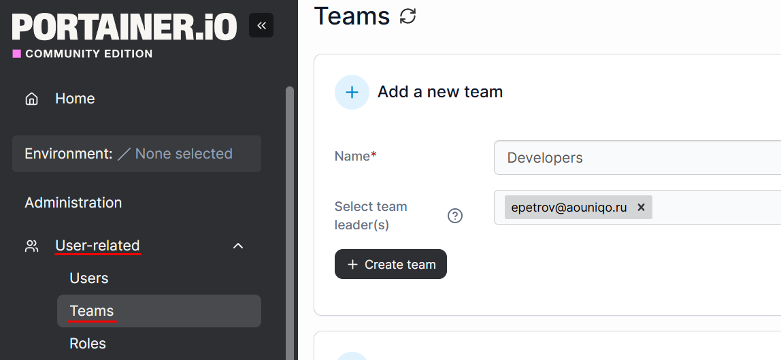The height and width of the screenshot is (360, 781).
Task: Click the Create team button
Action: pyautogui.click(x=390, y=264)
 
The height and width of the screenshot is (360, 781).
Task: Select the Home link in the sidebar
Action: pyautogui.click(x=75, y=99)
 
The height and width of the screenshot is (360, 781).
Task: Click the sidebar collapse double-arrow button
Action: pyautogui.click(x=261, y=25)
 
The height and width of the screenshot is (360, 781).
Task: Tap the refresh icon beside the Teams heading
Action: pyautogui.click(x=408, y=16)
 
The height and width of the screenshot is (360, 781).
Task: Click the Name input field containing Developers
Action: pyautogui.click(x=637, y=158)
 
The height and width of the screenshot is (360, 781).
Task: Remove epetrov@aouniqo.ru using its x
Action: pyautogui.click(x=641, y=207)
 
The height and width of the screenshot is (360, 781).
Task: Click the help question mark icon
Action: pyautogui.click(x=455, y=216)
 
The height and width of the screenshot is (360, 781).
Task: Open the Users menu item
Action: pyautogui.click(x=88, y=278)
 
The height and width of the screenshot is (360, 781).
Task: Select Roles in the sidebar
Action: pyautogui.click(x=88, y=344)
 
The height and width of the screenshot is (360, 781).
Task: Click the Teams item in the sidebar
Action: pyautogui.click(x=92, y=311)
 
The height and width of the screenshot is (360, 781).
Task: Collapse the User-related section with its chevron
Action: pyautogui.click(x=239, y=246)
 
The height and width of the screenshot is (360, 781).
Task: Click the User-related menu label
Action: pyautogui.click(x=98, y=246)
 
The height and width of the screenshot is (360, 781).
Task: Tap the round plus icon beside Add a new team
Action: pyautogui.click(x=352, y=92)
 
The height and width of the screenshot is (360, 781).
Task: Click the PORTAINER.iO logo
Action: pyautogui.click(x=124, y=27)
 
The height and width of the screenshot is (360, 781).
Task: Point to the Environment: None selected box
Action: pyautogui.click(x=137, y=154)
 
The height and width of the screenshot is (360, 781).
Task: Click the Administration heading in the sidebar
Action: pyautogui.click(x=73, y=203)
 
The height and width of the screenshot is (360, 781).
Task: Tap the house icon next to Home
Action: pyautogui.click(x=31, y=99)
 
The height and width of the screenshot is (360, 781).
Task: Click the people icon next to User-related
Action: pyautogui.click(x=31, y=246)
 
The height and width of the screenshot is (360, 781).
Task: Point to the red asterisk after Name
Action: pyautogui.click(x=373, y=155)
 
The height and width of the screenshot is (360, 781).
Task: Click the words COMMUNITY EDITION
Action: pyautogui.click(x=89, y=54)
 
